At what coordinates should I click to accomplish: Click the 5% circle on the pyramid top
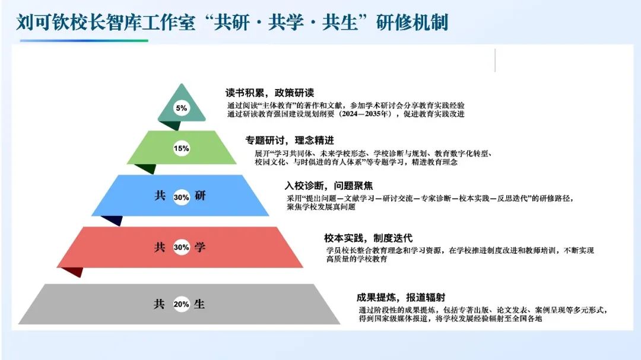(x=182, y=108)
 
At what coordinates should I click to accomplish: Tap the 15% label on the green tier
(x=181, y=148)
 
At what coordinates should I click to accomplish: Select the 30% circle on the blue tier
(x=181, y=197)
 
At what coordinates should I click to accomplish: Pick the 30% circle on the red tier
(x=181, y=247)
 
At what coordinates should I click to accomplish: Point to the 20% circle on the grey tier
(x=181, y=304)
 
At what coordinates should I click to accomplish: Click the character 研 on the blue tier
(x=200, y=196)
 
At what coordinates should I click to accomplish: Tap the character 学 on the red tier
(x=200, y=247)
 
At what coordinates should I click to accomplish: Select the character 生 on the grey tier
(x=199, y=304)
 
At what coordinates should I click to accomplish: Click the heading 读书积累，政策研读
(x=270, y=93)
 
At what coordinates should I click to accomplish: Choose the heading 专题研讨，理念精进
(x=290, y=141)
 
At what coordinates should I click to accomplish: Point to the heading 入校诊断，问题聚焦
(x=329, y=186)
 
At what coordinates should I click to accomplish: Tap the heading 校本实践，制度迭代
(x=369, y=238)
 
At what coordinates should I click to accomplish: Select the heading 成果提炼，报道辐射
(x=401, y=298)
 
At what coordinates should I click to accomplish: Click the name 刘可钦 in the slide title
(x=43, y=22)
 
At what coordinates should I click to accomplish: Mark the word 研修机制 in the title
(x=412, y=22)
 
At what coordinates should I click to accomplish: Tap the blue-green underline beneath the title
(x=84, y=40)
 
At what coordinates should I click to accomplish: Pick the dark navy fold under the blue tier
(x=112, y=220)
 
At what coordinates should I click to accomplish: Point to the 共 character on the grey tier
(x=159, y=304)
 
